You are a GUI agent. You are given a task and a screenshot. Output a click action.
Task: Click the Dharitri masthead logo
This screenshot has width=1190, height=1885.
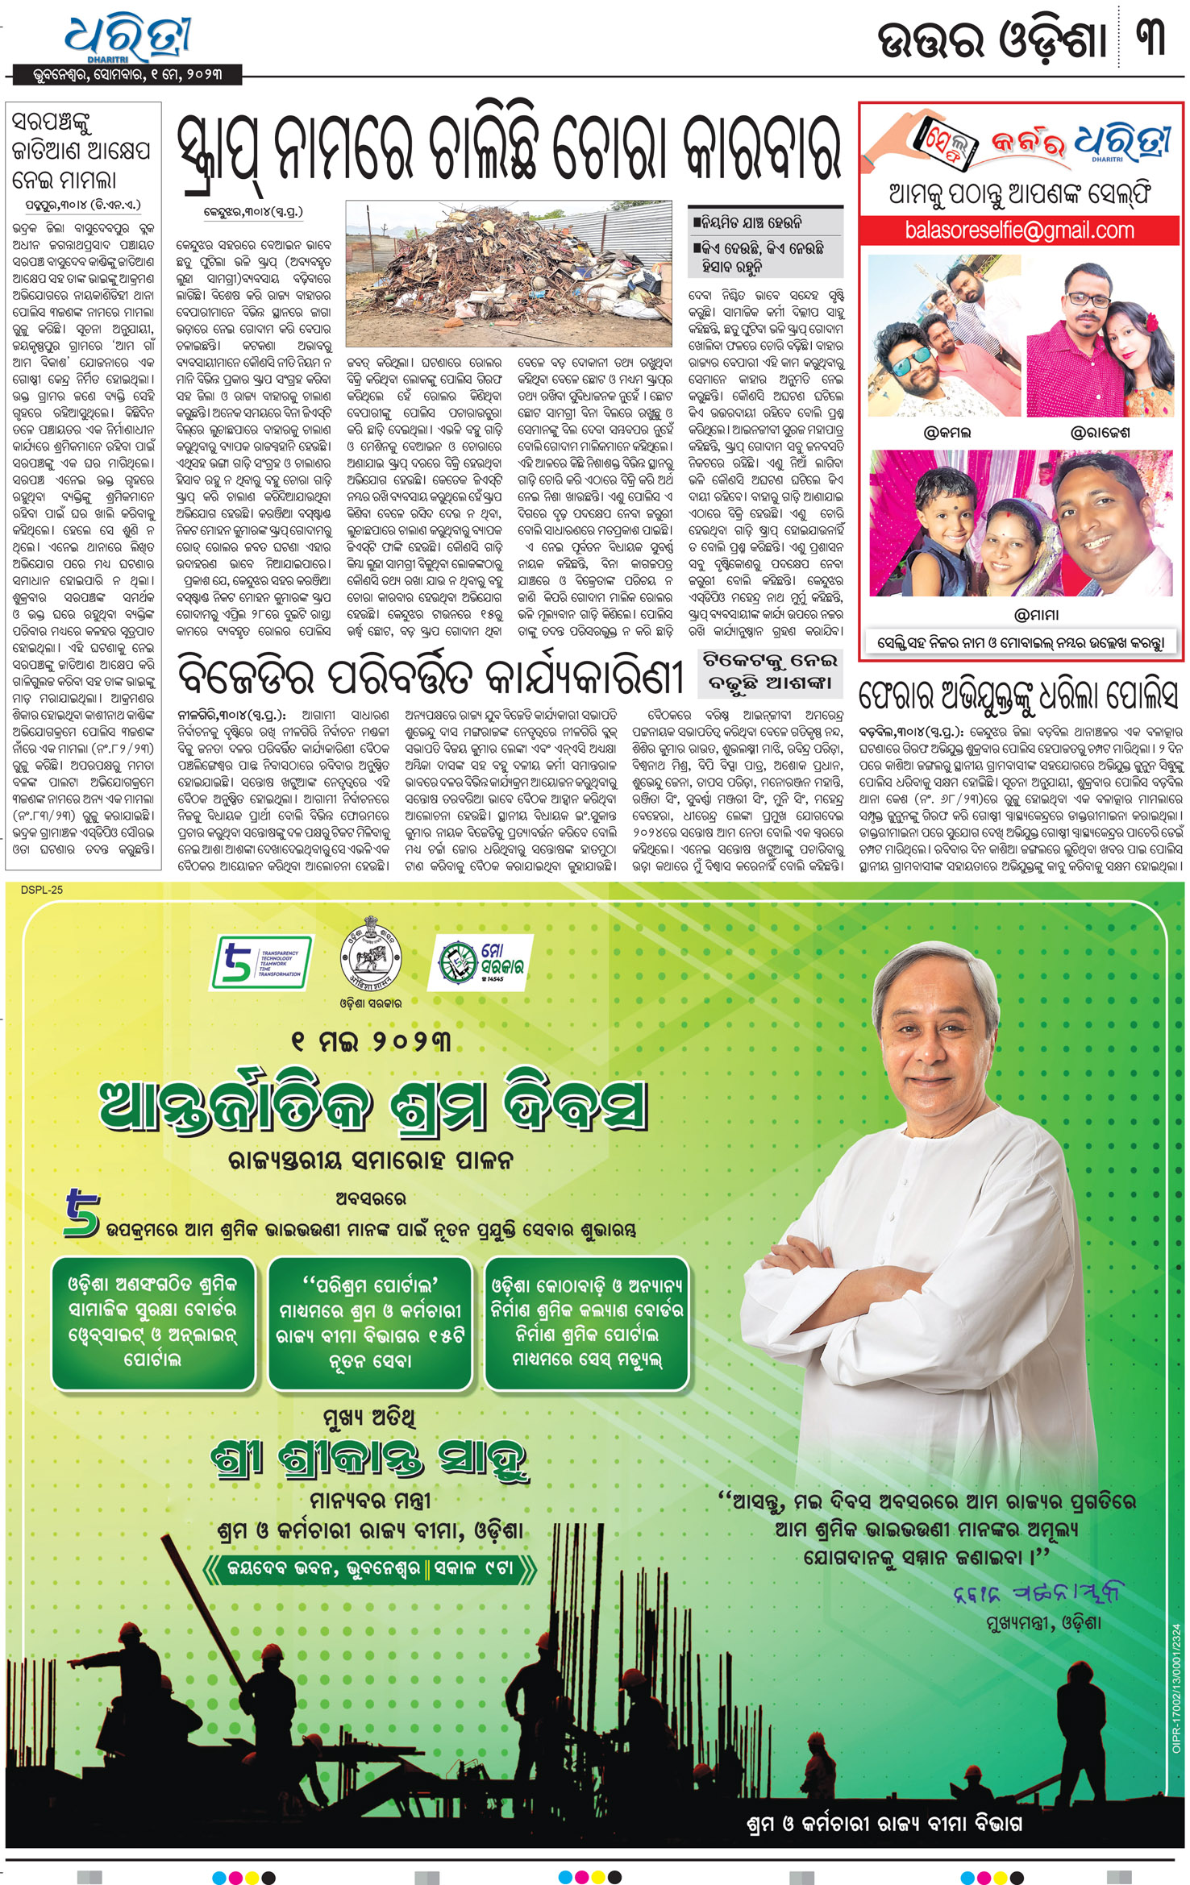click(x=129, y=39)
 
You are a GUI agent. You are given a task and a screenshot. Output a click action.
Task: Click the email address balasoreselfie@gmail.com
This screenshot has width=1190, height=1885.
click(x=1019, y=230)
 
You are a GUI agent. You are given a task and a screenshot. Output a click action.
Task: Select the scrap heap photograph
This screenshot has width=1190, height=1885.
click(x=508, y=274)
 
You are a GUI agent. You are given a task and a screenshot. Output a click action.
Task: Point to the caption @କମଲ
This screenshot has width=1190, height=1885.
click(x=947, y=433)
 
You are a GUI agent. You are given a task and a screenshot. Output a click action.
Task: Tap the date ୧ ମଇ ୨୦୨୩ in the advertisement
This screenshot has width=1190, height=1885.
click(x=371, y=1041)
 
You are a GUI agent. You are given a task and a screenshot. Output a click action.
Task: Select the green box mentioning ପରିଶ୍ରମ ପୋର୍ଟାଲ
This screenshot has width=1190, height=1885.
click(x=370, y=1322)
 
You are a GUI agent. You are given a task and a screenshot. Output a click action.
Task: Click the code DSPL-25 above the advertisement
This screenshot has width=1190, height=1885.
click(x=42, y=890)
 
